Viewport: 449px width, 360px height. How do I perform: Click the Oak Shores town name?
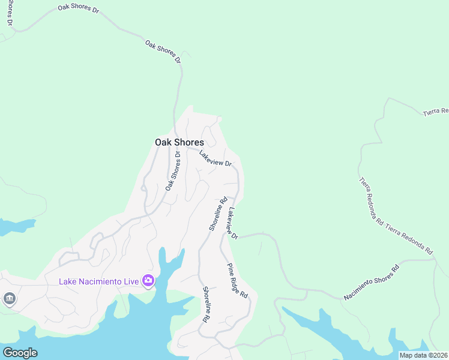click(179, 142)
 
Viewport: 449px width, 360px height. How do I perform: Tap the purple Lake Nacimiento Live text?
click(98, 281)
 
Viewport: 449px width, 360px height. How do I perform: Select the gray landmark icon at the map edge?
click(9, 298)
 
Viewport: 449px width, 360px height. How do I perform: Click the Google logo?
click(20, 352)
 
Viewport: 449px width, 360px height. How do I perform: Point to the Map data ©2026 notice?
click(424, 355)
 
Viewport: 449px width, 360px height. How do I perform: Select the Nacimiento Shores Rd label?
click(372, 283)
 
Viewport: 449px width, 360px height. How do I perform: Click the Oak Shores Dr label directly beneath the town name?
click(173, 171)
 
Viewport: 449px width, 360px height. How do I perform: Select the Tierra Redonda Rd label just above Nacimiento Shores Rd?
click(410, 239)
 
